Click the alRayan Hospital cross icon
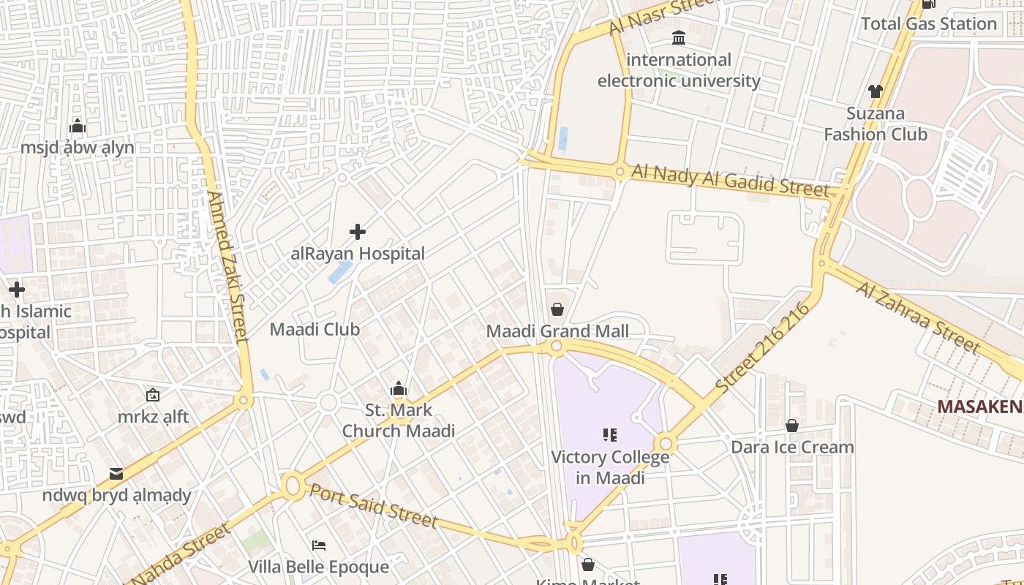click(x=358, y=232)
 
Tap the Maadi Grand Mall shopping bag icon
click(x=557, y=309)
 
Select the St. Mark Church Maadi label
click(x=399, y=420)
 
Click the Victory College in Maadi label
click(x=610, y=467)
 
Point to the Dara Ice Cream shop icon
click(x=791, y=426)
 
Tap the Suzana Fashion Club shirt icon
click(x=876, y=91)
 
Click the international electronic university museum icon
click(x=679, y=37)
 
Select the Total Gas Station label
click(x=929, y=23)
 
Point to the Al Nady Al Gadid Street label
click(x=731, y=180)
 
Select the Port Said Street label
click(x=373, y=505)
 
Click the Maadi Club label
click(x=315, y=329)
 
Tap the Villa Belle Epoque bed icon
click(x=319, y=546)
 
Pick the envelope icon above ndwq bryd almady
click(x=116, y=474)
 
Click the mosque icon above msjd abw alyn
click(x=78, y=127)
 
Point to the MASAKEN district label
click(x=980, y=407)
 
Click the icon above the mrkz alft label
click(x=153, y=395)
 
